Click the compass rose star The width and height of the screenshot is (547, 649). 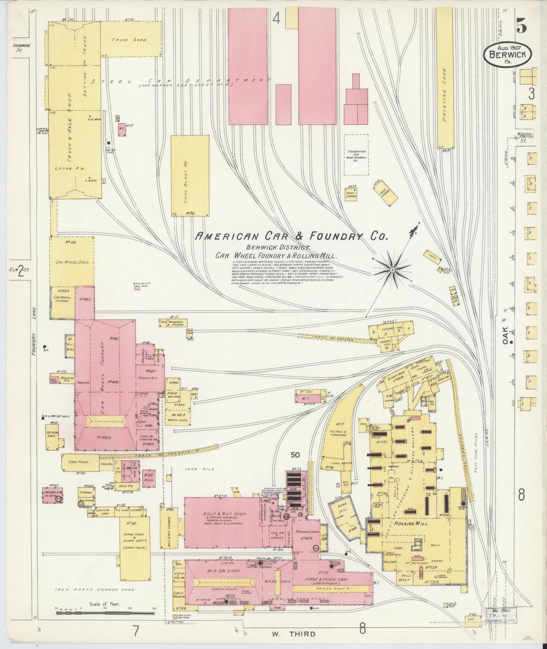click(392, 270)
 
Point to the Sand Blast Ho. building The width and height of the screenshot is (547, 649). click(190, 176)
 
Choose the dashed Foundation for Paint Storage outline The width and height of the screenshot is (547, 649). click(356, 154)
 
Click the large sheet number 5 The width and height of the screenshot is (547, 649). click(521, 27)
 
